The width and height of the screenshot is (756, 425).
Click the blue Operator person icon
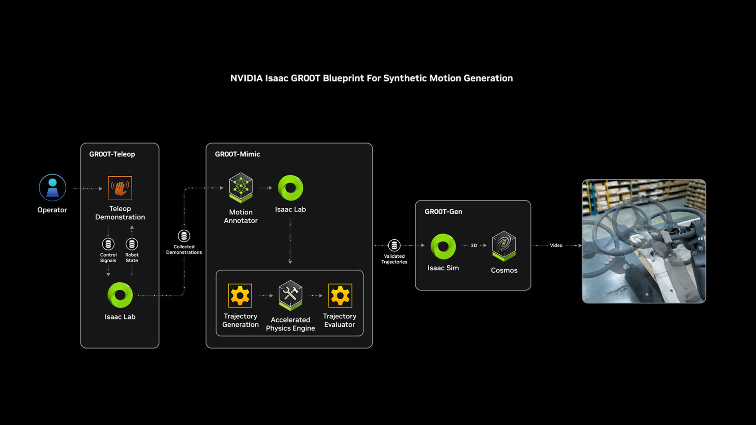(52, 188)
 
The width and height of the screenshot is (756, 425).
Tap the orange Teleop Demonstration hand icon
(120, 188)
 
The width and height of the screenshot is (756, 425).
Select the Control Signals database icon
(108, 244)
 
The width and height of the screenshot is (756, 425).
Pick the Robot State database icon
(132, 244)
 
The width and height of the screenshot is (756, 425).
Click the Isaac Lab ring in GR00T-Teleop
(120, 295)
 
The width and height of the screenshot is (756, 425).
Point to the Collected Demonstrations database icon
(184, 236)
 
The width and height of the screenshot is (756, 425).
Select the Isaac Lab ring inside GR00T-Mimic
(290, 188)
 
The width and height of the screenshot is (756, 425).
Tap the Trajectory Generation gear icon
(240, 295)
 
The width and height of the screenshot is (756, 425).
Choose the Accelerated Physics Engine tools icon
(290, 295)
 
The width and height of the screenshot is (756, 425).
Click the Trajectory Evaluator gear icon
(340, 295)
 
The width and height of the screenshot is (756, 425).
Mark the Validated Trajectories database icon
(394, 245)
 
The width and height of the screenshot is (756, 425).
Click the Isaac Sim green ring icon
(443, 246)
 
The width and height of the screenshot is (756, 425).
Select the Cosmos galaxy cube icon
(504, 246)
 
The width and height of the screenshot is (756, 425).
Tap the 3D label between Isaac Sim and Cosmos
(474, 246)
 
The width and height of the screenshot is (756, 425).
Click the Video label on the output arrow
(556, 246)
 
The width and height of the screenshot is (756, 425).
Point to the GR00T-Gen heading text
(443, 211)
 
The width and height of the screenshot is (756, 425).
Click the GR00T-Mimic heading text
(237, 154)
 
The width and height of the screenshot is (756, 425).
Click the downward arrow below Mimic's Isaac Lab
(290, 261)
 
